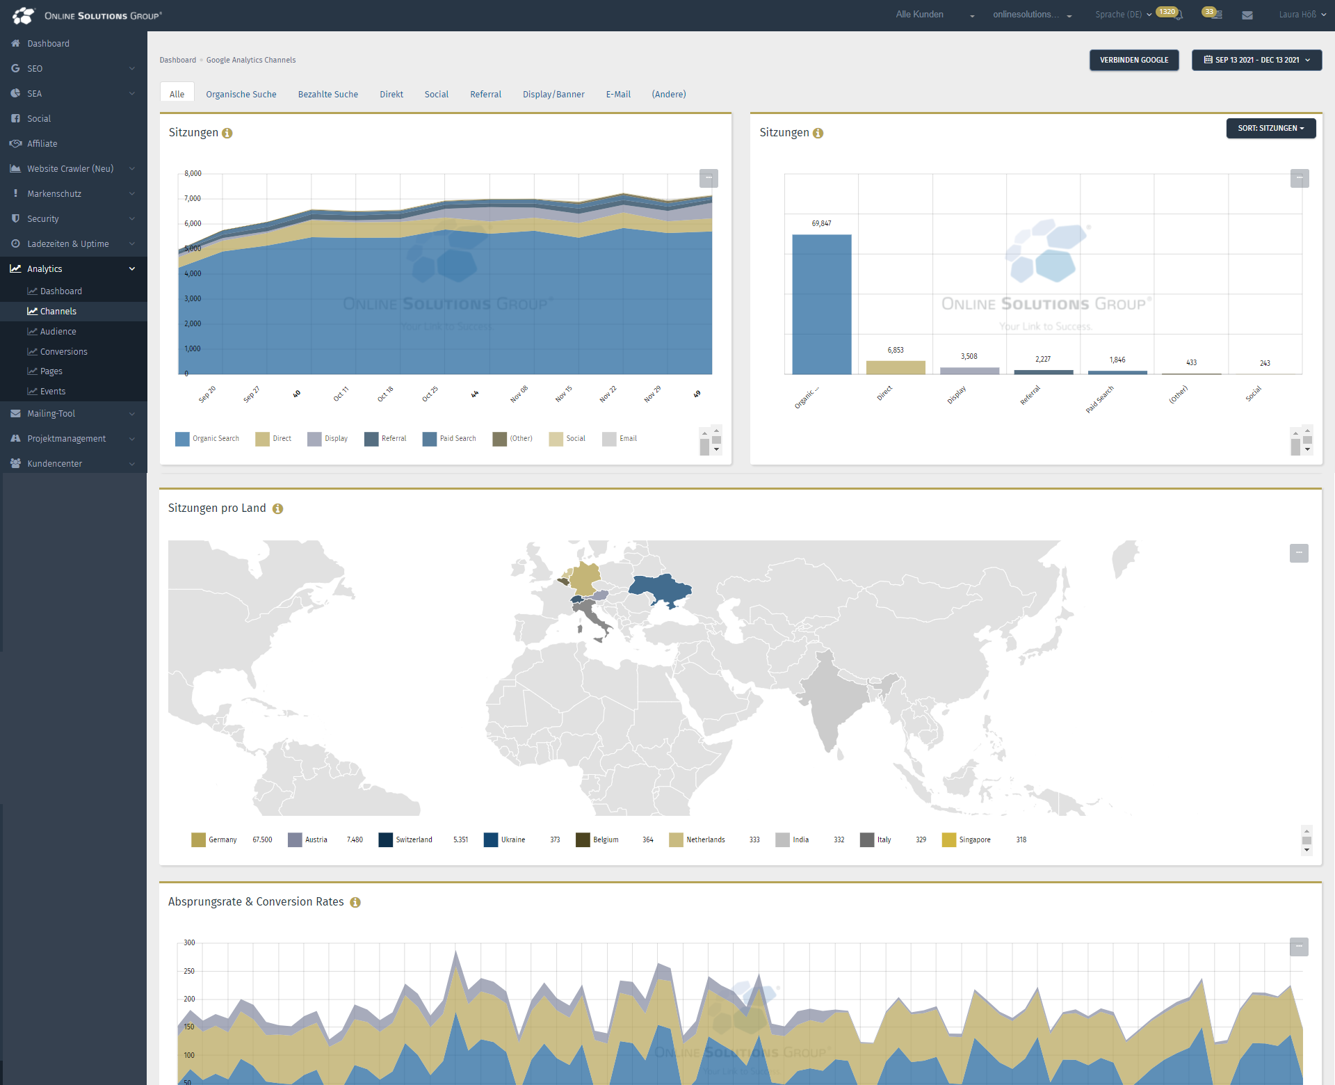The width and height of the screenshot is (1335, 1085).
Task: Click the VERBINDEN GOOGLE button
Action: [x=1133, y=60]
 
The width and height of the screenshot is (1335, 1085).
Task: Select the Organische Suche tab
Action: [x=241, y=95]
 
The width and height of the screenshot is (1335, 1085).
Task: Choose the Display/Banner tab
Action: [x=553, y=95]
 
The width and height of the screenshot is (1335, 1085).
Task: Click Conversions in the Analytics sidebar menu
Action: [x=63, y=352]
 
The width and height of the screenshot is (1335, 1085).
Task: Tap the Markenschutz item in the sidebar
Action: [x=54, y=194]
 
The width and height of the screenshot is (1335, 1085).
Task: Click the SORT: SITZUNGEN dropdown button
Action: [x=1270, y=129]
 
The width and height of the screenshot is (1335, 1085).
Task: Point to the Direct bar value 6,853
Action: [x=895, y=351]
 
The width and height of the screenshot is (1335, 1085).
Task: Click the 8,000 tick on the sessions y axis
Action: [x=193, y=174]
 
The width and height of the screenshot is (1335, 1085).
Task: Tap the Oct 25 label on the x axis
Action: [x=430, y=394]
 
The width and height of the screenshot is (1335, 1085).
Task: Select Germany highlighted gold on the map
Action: [x=586, y=578]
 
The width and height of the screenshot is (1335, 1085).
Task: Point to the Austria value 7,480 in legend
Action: [x=355, y=840]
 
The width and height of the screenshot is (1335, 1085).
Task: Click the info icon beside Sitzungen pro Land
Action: [x=277, y=509]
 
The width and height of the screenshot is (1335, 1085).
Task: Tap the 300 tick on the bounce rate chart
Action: [x=189, y=943]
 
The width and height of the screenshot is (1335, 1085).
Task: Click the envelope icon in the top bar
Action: [x=1247, y=15]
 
